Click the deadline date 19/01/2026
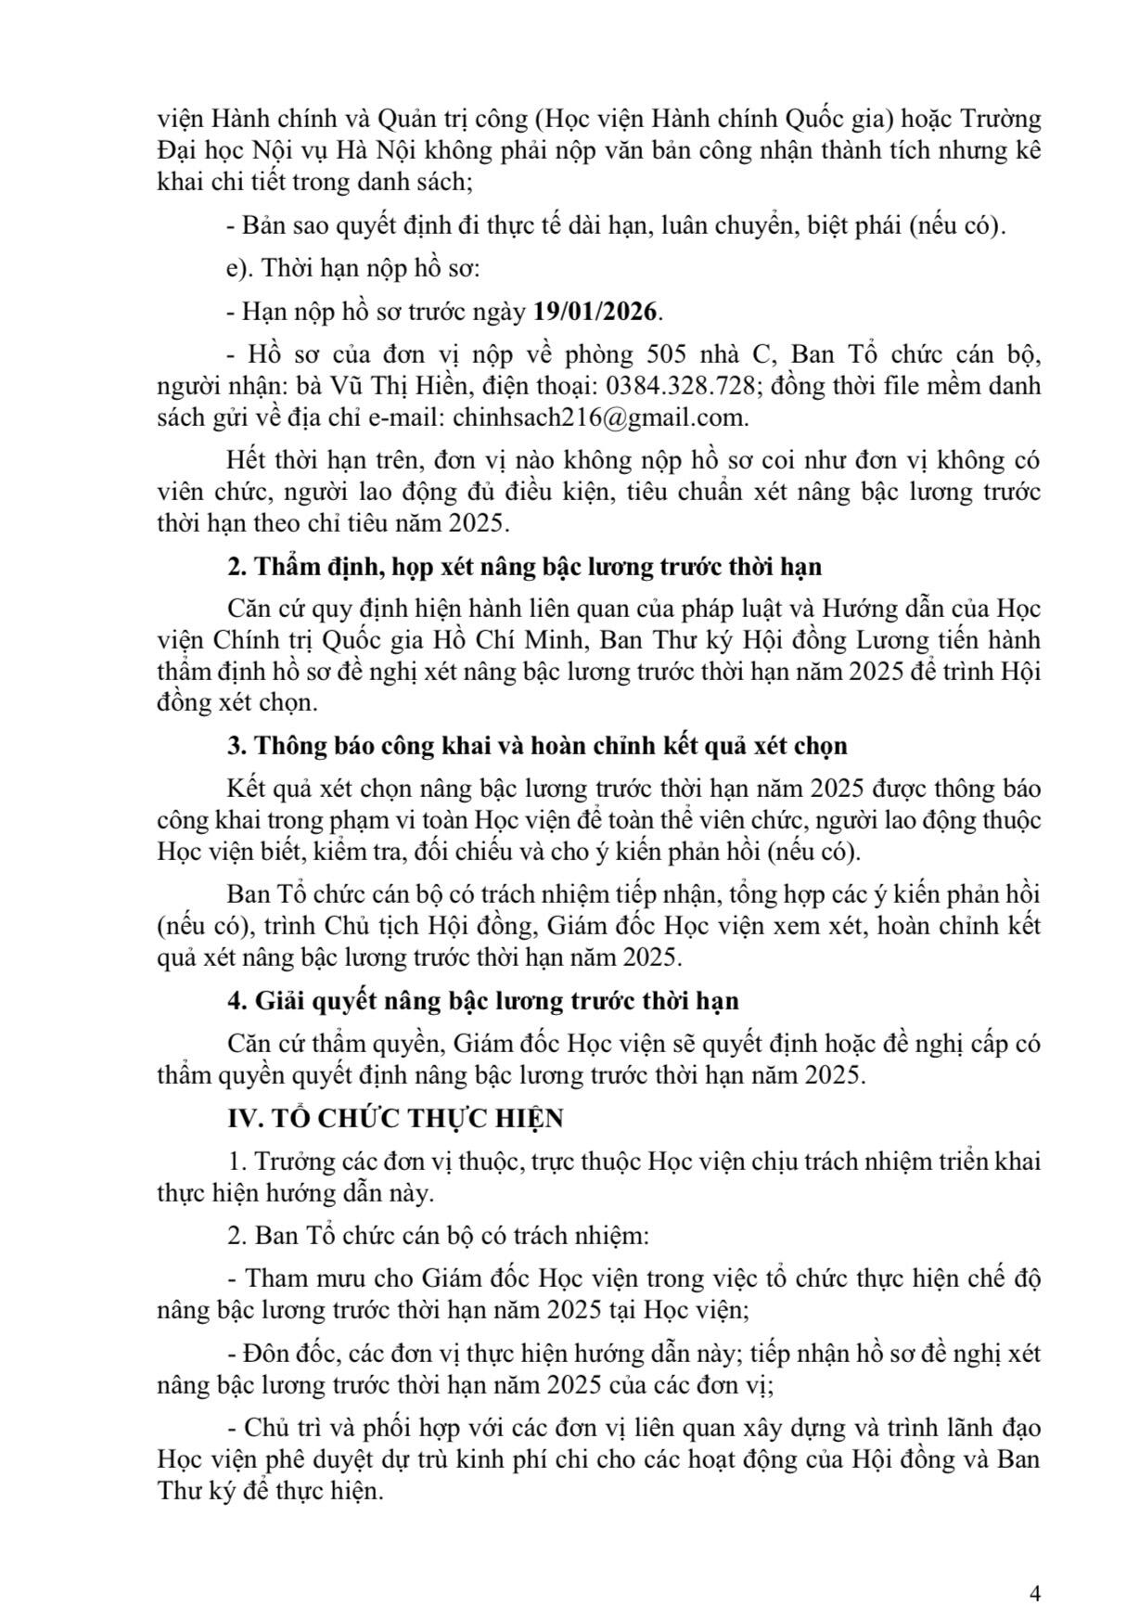tap(594, 312)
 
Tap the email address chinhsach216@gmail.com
tap(599, 417)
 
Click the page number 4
tap(1034, 1567)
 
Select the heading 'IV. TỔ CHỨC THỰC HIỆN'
tap(396, 1118)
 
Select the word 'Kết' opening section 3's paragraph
tap(245, 789)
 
